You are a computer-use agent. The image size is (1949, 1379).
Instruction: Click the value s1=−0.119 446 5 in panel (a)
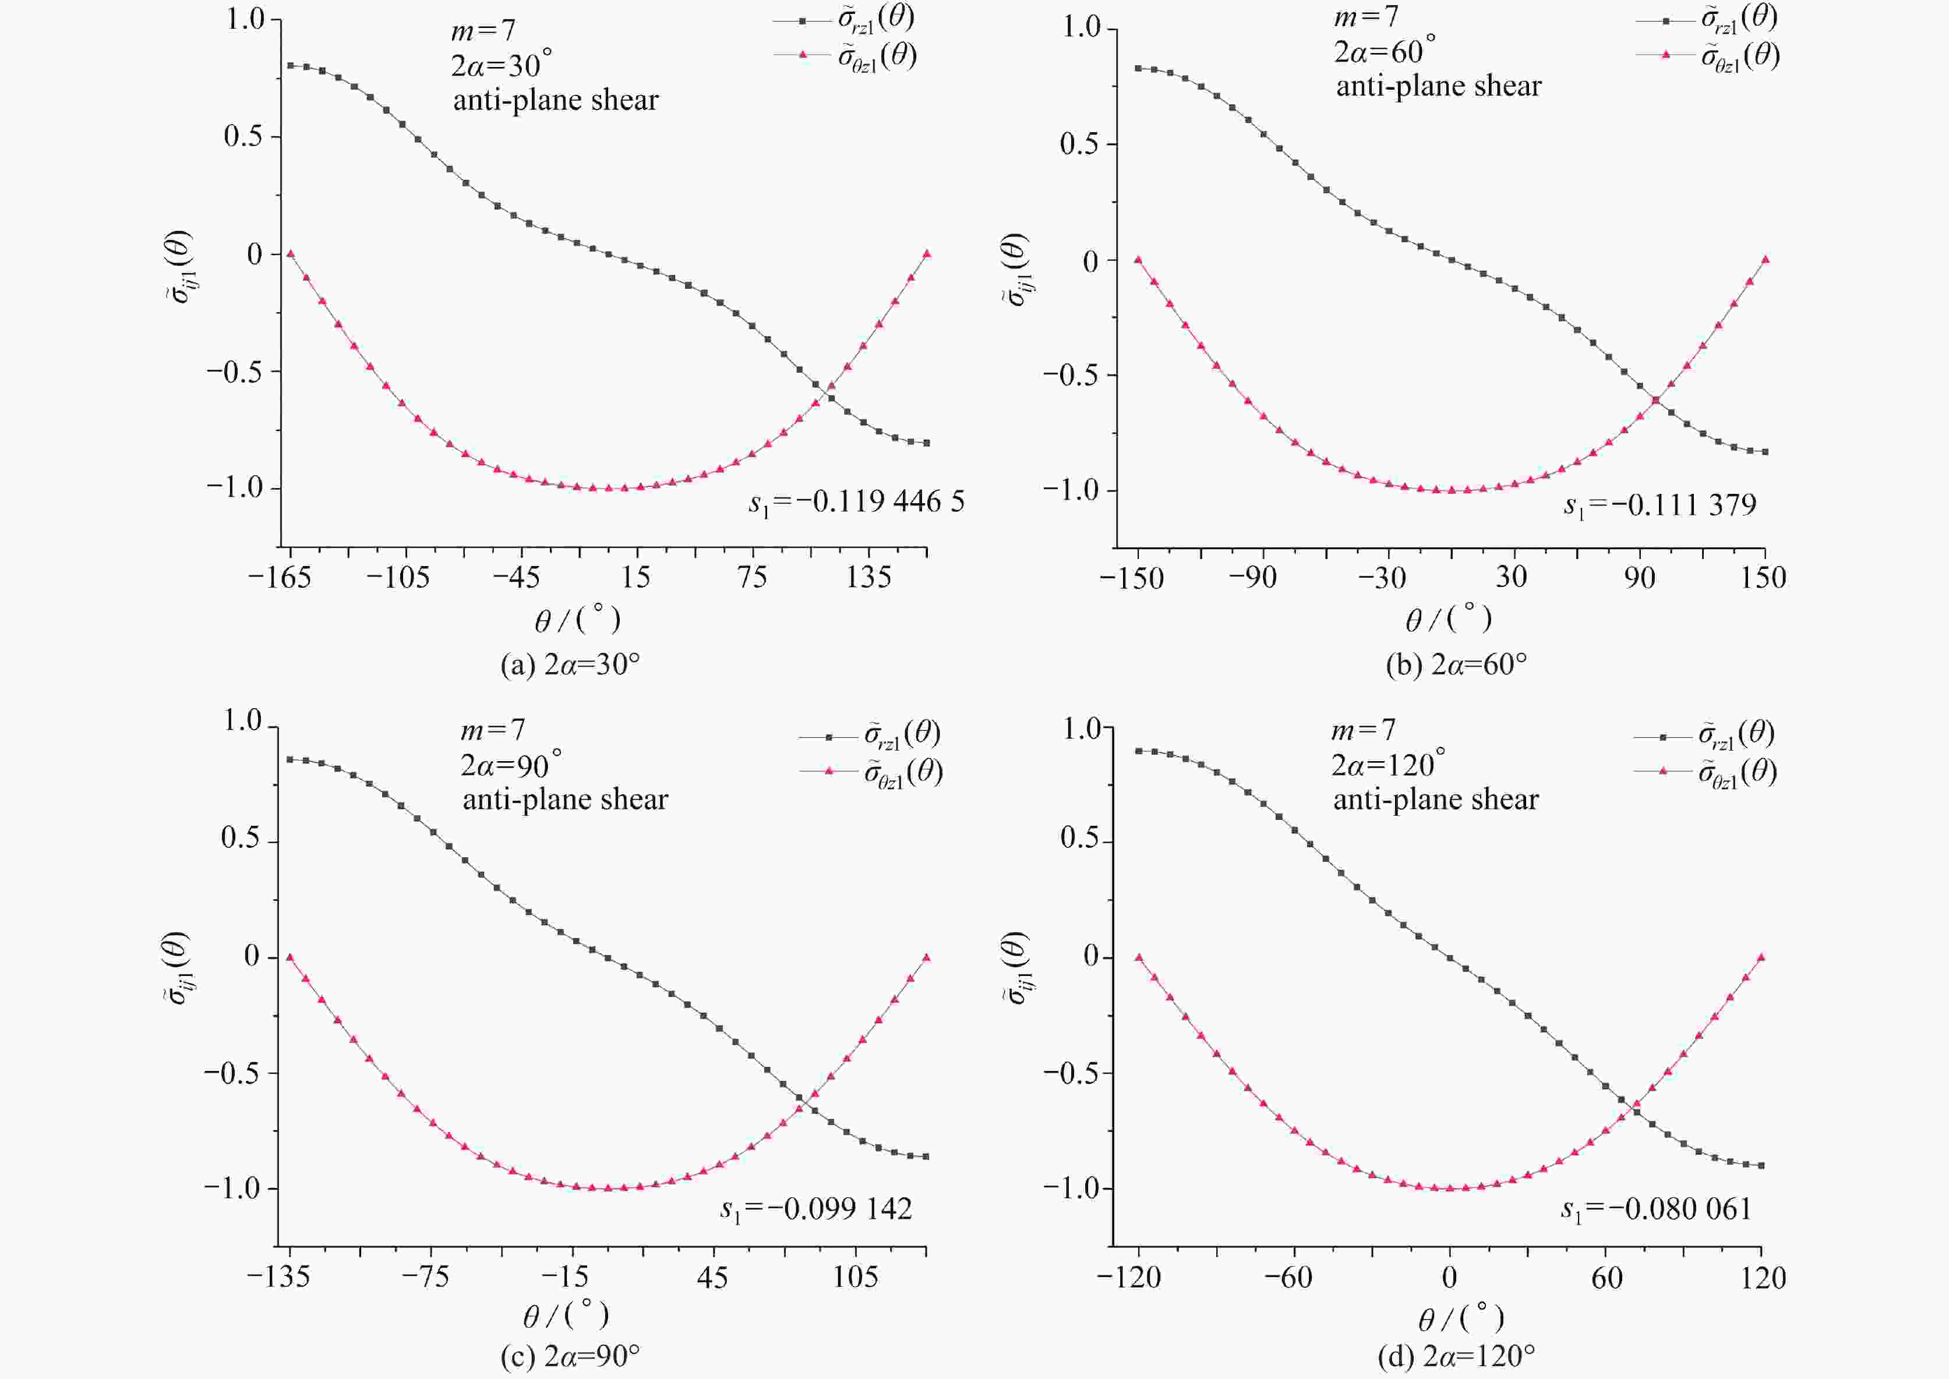coord(856,502)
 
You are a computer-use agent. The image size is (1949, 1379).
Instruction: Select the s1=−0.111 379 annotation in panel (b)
coord(1660,506)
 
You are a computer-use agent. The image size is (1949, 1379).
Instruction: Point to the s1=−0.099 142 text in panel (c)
coord(816,1208)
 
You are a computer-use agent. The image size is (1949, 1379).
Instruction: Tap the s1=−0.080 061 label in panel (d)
coord(1656,1208)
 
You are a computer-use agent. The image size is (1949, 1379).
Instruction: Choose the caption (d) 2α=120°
coord(1456,1355)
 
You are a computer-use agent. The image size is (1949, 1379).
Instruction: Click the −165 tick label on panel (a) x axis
coord(280,578)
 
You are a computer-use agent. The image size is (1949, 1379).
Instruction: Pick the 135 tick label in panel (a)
coord(868,578)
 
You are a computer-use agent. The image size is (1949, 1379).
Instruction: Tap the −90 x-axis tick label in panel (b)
coord(1252,578)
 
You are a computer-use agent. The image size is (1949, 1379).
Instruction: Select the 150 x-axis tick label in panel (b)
coord(1763,578)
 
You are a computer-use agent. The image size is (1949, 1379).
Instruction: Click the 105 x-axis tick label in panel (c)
coord(855,1277)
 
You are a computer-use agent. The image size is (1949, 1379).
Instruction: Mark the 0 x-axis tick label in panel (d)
coord(1450,1277)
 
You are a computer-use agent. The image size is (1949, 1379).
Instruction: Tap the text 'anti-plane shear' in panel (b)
coord(1439,86)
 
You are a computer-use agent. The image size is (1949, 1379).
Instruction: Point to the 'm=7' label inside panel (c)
coord(493,730)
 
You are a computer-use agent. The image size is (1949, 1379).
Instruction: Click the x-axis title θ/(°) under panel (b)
coord(1448,619)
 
